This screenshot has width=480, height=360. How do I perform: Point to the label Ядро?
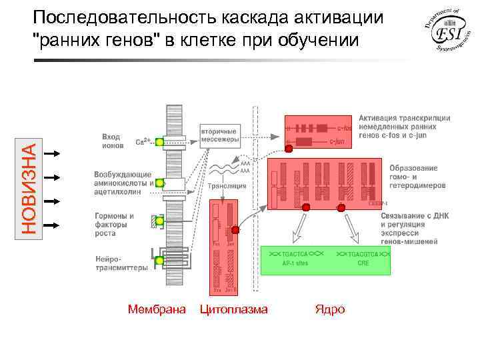tap(330, 309)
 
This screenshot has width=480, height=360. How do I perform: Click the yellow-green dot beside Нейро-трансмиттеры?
tap(159, 261)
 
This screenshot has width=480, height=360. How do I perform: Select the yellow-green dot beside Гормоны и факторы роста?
tap(159, 221)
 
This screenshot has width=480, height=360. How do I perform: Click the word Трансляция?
tap(227, 187)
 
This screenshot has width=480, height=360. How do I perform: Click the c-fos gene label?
tap(344, 128)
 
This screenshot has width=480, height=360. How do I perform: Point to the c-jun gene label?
tap(344, 142)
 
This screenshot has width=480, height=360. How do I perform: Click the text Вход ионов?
tap(111, 140)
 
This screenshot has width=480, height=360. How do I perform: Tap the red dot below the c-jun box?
tap(289, 149)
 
